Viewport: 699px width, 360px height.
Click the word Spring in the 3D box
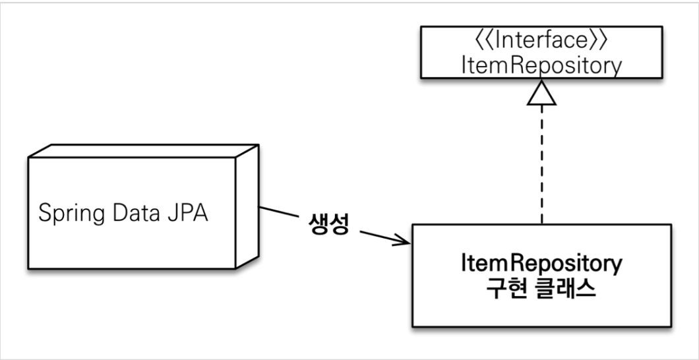click(x=69, y=215)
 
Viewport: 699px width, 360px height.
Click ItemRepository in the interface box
click(x=541, y=65)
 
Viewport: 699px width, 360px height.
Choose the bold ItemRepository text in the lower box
click(x=541, y=265)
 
